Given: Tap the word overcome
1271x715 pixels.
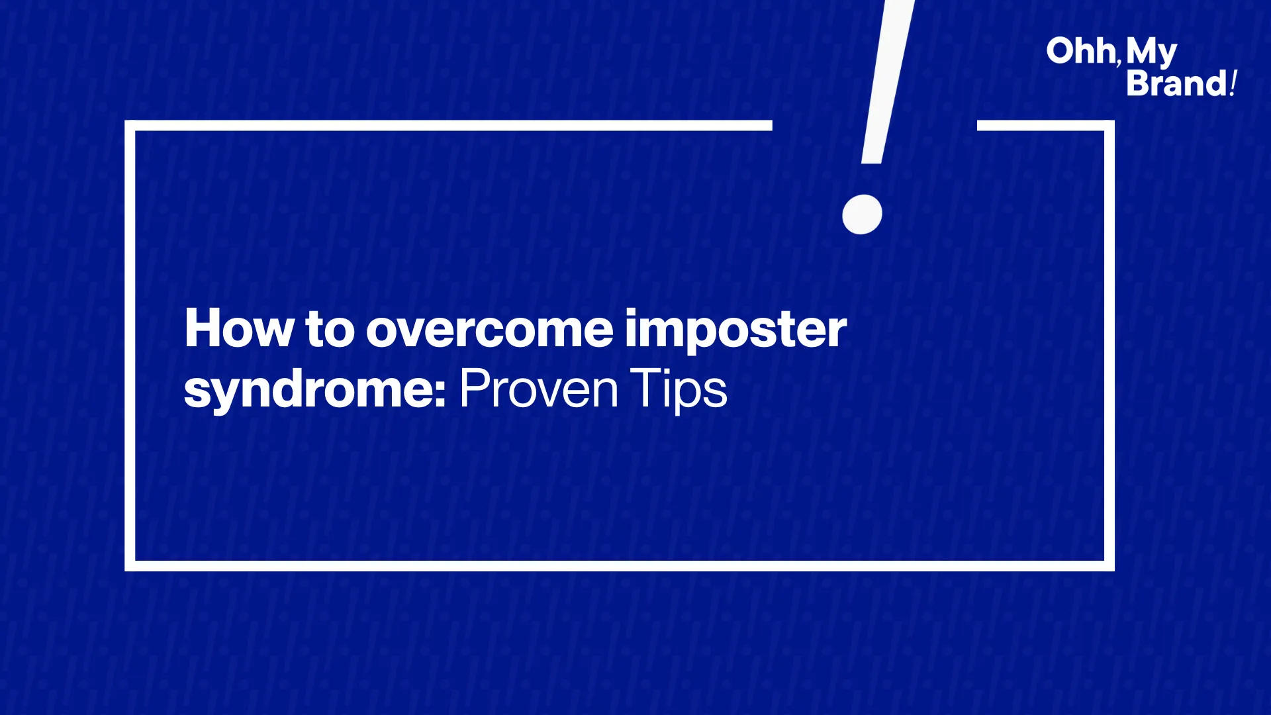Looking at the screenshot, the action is pyautogui.click(x=490, y=329).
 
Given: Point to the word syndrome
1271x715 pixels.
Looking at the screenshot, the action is pyautogui.click(x=308, y=391).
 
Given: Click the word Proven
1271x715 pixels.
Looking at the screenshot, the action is pyautogui.click(x=539, y=389).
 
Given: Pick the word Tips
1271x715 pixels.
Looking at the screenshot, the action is pyautogui.click(x=679, y=391).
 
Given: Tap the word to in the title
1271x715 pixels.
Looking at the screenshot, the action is pyautogui.click(x=330, y=329).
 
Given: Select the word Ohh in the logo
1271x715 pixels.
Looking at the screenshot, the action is pyautogui.click(x=1080, y=51).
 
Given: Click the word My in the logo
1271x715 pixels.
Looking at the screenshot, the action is pyautogui.click(x=1152, y=53).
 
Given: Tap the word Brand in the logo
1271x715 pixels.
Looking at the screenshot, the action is pyautogui.click(x=1177, y=83).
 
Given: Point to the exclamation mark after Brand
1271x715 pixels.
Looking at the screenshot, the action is pyautogui.click(x=1233, y=83).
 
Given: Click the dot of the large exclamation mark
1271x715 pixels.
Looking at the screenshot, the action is pyautogui.click(x=862, y=214).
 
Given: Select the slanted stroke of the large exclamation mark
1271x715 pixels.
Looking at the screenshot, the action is pyautogui.click(x=887, y=81).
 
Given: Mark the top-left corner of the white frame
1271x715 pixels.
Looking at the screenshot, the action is pyautogui.click(x=130, y=125).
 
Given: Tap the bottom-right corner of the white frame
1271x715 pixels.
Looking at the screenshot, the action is pyautogui.click(x=1109, y=566).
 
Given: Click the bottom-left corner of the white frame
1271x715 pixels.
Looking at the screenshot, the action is pyautogui.click(x=130, y=566).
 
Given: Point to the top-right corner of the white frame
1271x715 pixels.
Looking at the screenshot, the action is pyautogui.click(x=1109, y=125).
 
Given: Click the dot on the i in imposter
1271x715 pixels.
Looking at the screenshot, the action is pyautogui.click(x=633, y=312).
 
